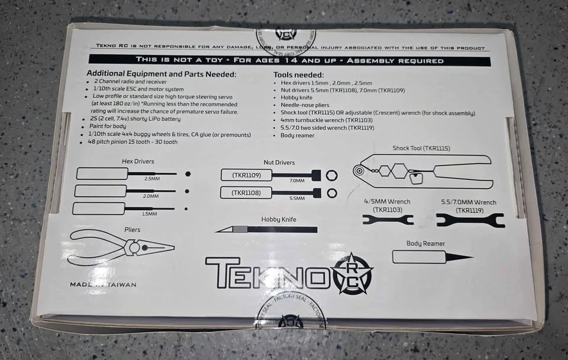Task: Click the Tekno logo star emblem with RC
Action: (x=353, y=273)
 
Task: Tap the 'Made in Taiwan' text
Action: (x=103, y=284)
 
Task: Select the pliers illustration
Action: (x=121, y=246)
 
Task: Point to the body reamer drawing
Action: (x=433, y=257)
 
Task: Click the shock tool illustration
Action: (x=424, y=170)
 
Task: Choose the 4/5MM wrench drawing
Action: (x=388, y=220)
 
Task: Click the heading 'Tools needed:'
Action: (x=298, y=75)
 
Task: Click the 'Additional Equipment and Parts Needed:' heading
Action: (x=162, y=74)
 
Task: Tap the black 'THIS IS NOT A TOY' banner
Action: (x=289, y=60)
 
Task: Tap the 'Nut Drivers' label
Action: (x=279, y=162)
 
